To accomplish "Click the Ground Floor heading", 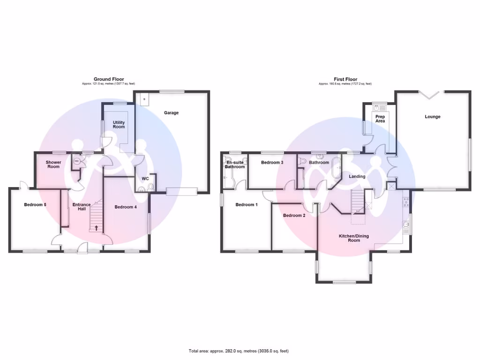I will coord(109,79).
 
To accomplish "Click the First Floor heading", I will coord(345,79).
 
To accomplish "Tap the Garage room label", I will coord(171,112).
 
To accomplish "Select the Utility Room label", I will coord(119,124).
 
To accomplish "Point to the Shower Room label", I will coord(53,164).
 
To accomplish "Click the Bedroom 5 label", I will coord(35,204).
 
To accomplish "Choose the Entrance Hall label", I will coord(82,207).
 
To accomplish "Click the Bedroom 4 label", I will coord(126,207).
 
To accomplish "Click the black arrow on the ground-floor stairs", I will coord(97,228).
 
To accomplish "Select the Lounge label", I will coord(433,116).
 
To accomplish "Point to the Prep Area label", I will coord(380,119).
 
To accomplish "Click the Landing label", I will coord(357,176).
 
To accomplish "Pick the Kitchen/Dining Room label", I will coord(354,238).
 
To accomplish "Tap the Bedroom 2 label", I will coord(294,215).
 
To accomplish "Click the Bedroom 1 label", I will coord(247,204).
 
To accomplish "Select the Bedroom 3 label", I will coord(272,163).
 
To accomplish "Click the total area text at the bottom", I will coord(239,351).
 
